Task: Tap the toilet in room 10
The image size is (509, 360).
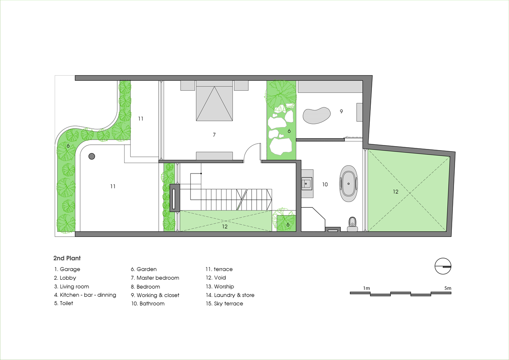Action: coord(352,224)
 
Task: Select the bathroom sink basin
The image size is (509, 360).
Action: coord(307,183)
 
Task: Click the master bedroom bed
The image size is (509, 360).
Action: coord(214,101)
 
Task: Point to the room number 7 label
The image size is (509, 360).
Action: coord(214,135)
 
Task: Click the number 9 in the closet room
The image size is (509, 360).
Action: coord(341,111)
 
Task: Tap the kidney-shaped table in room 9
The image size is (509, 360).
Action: coord(316,115)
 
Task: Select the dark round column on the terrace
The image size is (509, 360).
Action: coord(91,156)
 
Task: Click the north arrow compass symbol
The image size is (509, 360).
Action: coord(443,266)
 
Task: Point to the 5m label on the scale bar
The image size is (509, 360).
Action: coord(448,288)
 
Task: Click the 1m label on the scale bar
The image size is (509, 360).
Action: coord(366,288)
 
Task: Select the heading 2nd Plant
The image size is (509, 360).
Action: coord(67,258)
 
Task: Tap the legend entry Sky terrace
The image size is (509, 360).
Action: coord(224,303)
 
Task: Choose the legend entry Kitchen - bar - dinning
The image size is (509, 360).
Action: coord(85,295)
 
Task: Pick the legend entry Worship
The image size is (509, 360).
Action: coord(220,286)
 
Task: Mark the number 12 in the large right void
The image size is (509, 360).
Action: coord(396,192)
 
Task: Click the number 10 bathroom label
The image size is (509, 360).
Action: coord(325,185)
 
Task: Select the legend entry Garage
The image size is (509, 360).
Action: coord(67,269)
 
